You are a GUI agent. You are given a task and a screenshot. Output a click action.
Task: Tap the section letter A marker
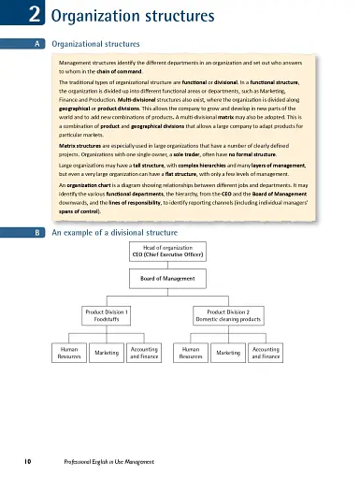(35, 44)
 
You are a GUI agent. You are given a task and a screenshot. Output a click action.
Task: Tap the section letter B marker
(35, 232)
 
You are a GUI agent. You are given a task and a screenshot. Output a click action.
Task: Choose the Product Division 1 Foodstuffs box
(107, 315)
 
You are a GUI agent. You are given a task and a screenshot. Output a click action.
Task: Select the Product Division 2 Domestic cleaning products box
(227, 315)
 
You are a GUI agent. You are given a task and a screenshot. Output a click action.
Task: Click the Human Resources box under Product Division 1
(69, 353)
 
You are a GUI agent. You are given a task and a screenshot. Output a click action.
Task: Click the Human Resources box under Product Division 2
(191, 353)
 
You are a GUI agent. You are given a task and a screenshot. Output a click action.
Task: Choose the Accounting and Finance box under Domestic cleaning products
(266, 353)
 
